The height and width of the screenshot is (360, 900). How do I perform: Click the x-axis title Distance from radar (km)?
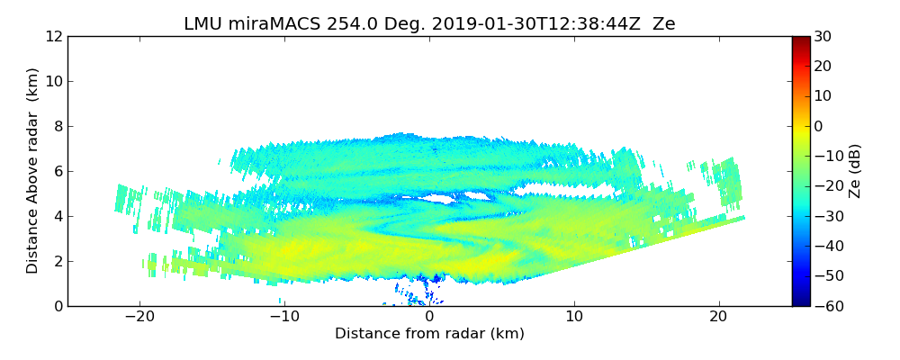[429, 334]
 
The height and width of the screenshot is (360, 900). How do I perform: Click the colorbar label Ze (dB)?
[855, 171]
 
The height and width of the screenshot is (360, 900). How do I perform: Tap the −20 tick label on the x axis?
[139, 317]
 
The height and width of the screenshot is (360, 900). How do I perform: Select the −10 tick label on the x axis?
[283, 317]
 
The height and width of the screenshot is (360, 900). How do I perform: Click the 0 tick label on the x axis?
[429, 317]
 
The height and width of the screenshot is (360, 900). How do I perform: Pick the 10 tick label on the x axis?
[574, 317]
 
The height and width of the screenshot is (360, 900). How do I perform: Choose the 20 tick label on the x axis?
[719, 317]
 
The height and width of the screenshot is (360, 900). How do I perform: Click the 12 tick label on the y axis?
[53, 37]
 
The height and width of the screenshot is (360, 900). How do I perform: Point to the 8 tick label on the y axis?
[58, 127]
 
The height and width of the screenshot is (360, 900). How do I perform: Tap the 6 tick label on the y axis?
[58, 172]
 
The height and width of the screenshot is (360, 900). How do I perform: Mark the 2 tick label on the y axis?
[58, 262]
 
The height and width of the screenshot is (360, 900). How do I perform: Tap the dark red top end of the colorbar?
[801, 40]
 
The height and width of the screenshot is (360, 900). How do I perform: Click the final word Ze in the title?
[664, 24]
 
